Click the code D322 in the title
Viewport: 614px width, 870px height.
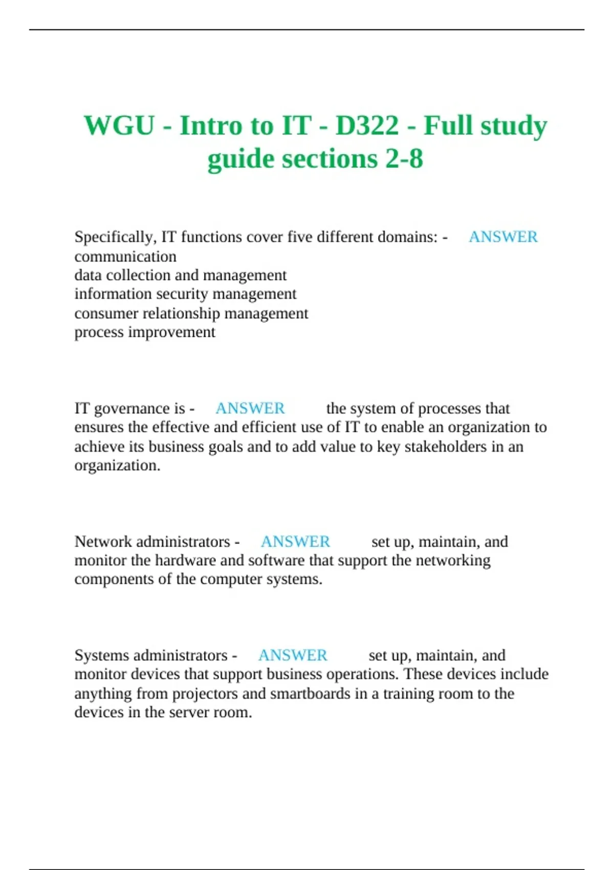point(367,125)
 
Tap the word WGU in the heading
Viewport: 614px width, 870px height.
point(119,125)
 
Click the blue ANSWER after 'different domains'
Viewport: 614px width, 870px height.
point(503,237)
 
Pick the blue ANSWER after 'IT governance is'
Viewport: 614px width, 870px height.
point(250,408)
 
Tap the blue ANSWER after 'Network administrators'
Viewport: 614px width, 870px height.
point(295,541)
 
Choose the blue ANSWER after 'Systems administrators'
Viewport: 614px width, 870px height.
point(293,655)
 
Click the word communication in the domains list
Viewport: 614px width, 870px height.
point(125,256)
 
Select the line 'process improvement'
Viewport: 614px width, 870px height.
point(145,332)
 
